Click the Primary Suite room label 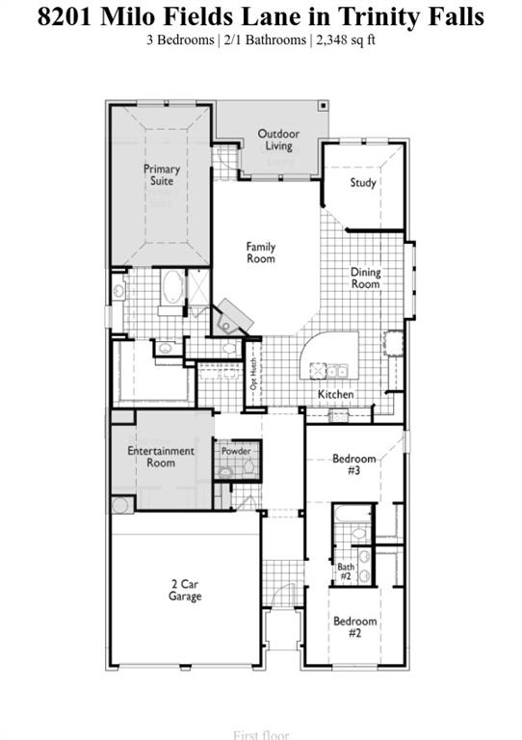point(162,175)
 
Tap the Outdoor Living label point(278,140)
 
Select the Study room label point(363,183)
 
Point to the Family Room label point(261,252)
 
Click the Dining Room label point(365,278)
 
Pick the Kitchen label point(336,395)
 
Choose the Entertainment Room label point(161,457)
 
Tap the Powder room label point(236,451)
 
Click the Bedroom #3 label point(353,464)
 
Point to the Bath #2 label point(345,572)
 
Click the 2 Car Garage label point(185,591)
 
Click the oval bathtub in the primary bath point(171,288)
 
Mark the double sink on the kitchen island point(337,370)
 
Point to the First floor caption point(260,735)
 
